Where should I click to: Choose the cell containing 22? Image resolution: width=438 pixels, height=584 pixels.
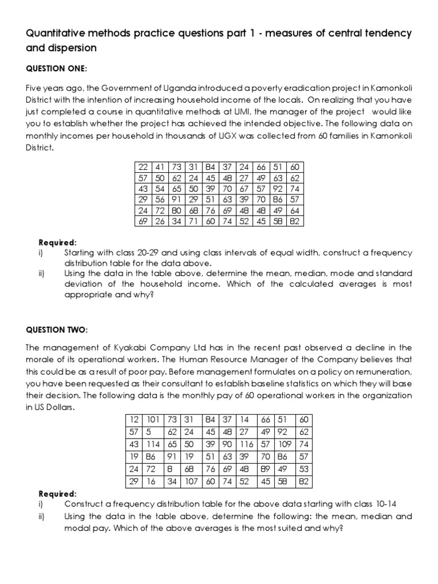[143, 167]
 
